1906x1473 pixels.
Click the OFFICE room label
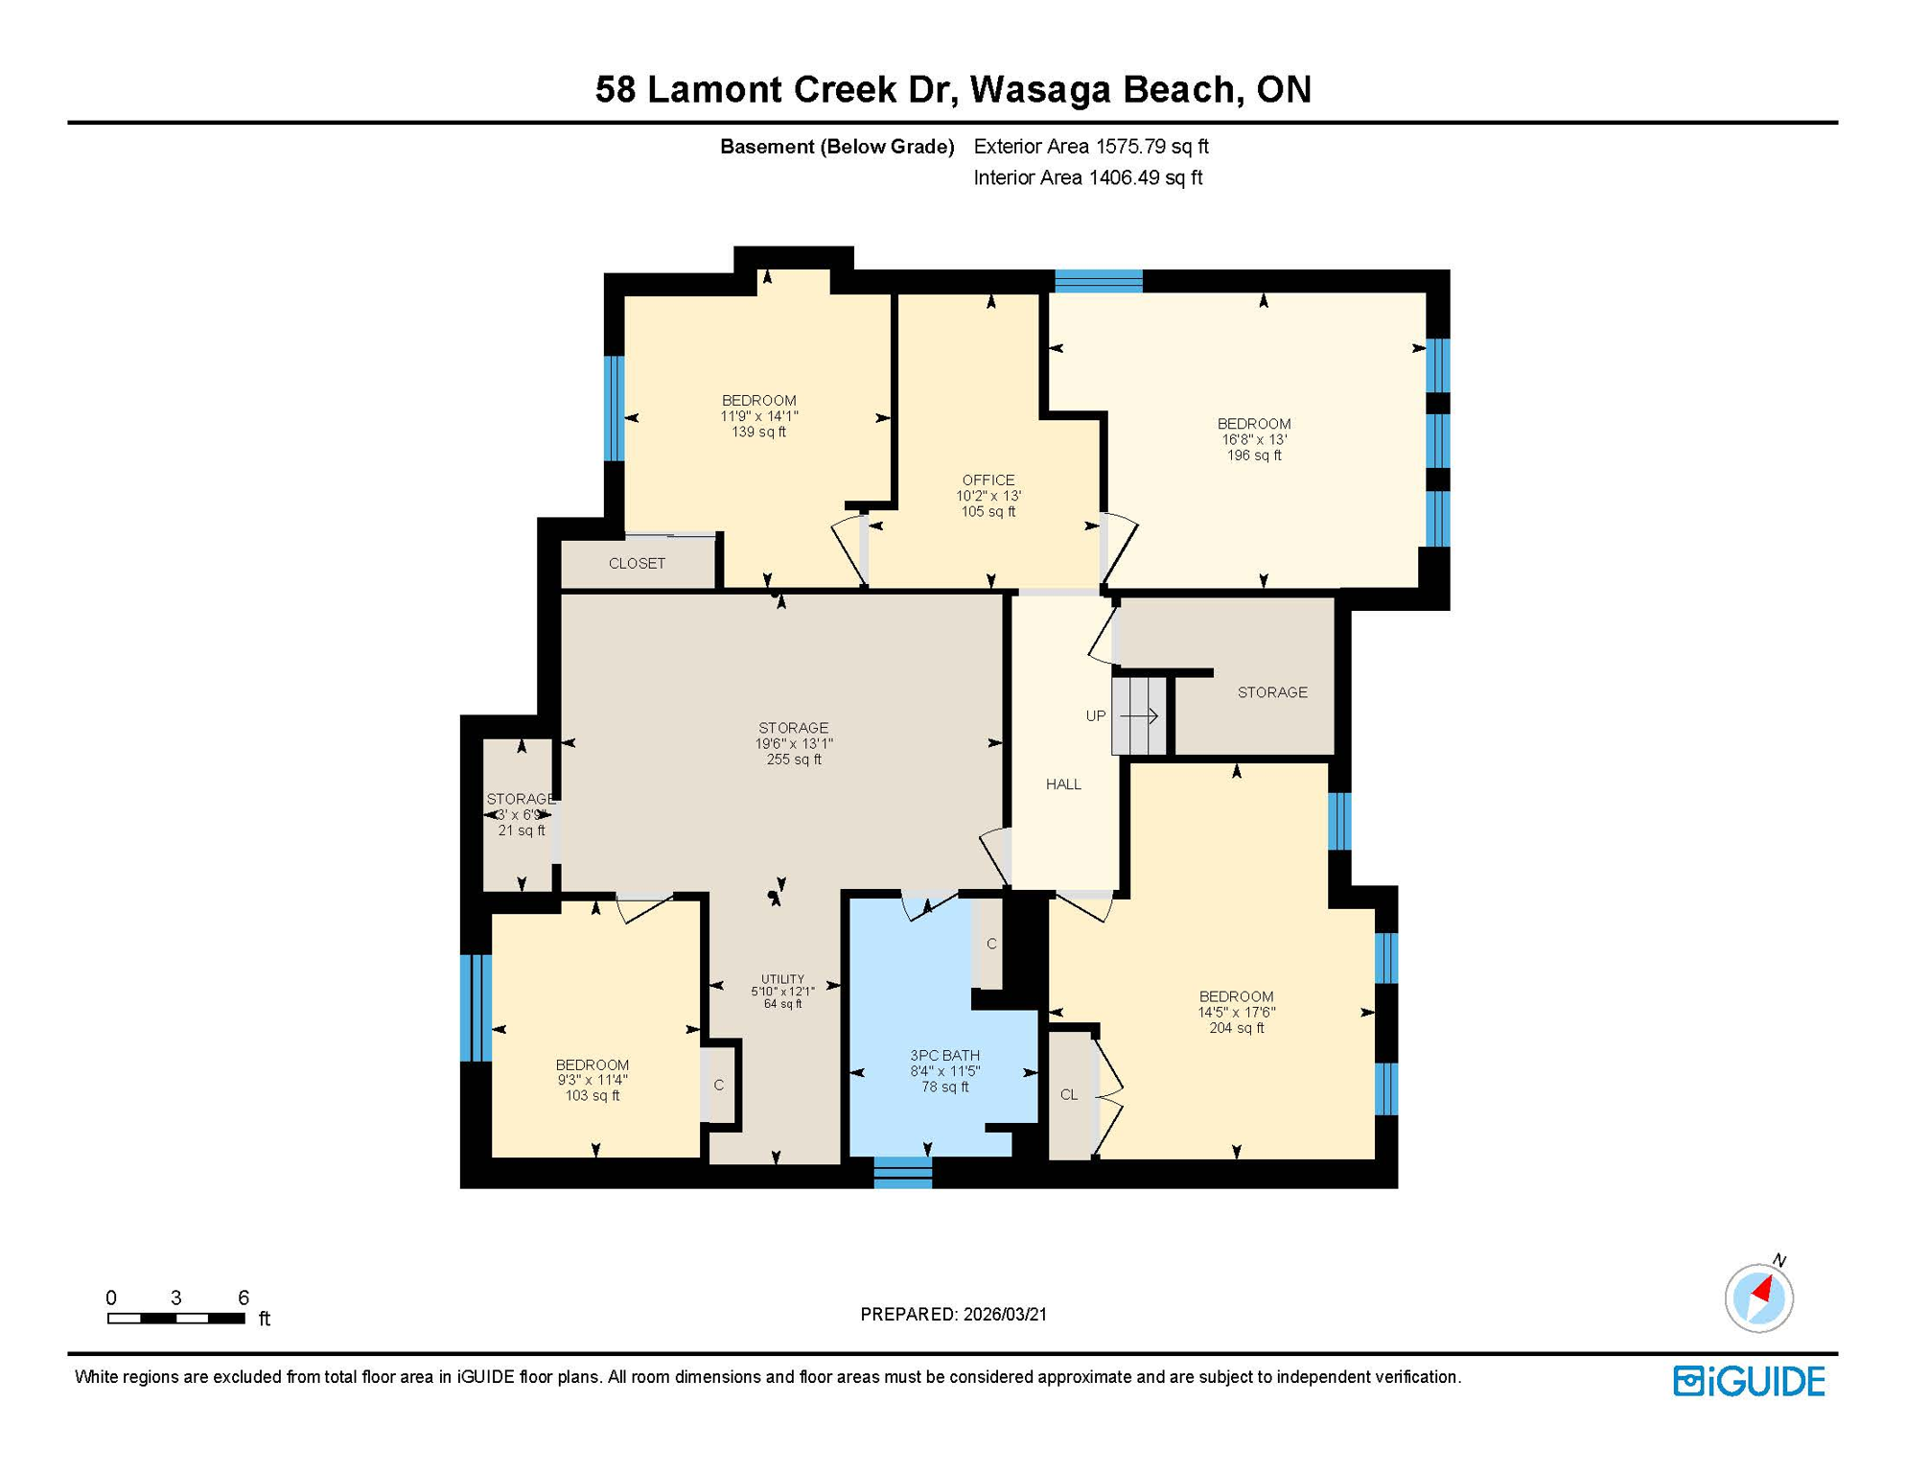click(988, 495)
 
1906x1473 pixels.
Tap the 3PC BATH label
click(944, 1070)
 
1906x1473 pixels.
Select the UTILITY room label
click(782, 991)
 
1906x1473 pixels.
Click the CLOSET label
click(637, 564)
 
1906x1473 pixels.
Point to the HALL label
click(1063, 784)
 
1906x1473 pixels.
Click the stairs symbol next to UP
click(1139, 715)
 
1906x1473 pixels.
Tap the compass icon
click(1758, 1298)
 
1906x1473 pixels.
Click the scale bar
click(176, 1319)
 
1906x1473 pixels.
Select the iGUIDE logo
click(1749, 1381)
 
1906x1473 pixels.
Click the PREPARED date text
click(953, 1315)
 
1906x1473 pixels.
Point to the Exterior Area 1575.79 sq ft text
click(1091, 147)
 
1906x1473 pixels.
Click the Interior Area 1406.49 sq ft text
click(1087, 177)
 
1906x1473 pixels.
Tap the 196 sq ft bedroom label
click(1253, 439)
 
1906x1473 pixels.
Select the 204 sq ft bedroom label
click(1236, 1012)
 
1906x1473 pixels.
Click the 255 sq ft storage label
click(793, 743)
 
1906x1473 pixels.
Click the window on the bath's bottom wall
click(903, 1173)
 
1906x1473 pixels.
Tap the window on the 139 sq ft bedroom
click(615, 409)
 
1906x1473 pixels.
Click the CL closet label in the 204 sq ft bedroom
click(1069, 1095)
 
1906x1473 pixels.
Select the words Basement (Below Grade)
click(837, 147)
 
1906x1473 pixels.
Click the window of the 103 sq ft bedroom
click(476, 1008)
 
